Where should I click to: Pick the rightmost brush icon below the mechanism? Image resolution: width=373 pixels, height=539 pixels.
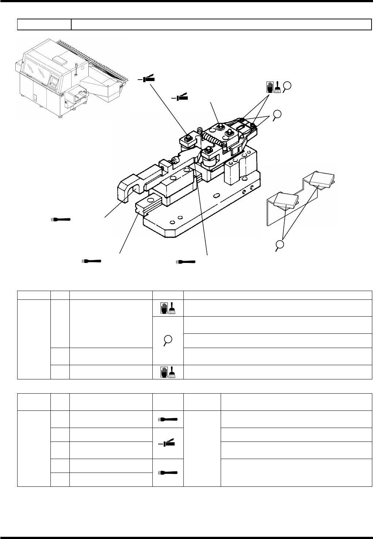(186, 262)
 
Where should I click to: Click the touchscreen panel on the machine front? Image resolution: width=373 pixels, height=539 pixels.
(54, 82)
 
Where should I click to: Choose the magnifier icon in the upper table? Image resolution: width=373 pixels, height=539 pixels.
(168, 340)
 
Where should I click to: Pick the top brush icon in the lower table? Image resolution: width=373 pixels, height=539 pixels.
(168, 419)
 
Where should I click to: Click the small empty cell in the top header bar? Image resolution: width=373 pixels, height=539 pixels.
(44, 24)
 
